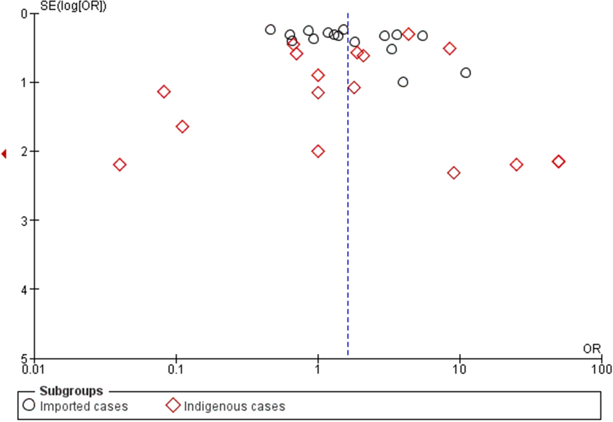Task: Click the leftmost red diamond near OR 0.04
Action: point(119,165)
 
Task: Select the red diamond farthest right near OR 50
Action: point(559,162)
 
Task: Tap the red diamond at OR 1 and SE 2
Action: point(318,151)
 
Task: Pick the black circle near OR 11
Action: point(465,73)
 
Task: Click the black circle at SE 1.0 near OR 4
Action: point(403,82)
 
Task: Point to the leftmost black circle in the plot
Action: point(270,30)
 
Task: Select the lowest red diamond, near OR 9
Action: point(453,173)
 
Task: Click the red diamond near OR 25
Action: point(516,165)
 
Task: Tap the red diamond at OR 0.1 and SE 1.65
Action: point(182,127)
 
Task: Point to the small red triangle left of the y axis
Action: point(4,154)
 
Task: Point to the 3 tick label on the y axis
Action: point(24,221)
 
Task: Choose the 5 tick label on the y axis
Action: point(24,358)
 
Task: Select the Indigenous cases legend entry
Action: point(226,406)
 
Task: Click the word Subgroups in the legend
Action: point(71,391)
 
